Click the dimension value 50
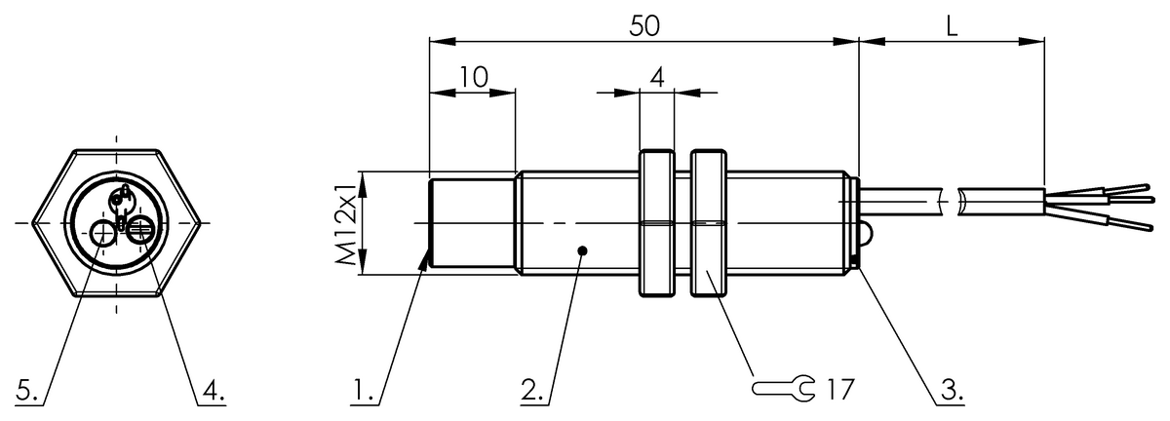pyautogui.click(x=644, y=27)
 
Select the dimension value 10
pyautogui.click(x=474, y=78)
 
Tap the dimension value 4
pyautogui.click(x=657, y=78)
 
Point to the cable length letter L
pyautogui.click(x=952, y=27)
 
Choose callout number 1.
pyautogui.click(x=365, y=392)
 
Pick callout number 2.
pyautogui.click(x=532, y=392)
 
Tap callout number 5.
pyautogui.click(x=29, y=392)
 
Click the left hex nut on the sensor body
pyautogui.click(x=657, y=223)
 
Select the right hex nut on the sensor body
pyautogui.click(x=709, y=223)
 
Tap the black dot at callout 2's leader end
pyautogui.click(x=582, y=250)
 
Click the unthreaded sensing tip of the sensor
pyautogui.click(x=472, y=223)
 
